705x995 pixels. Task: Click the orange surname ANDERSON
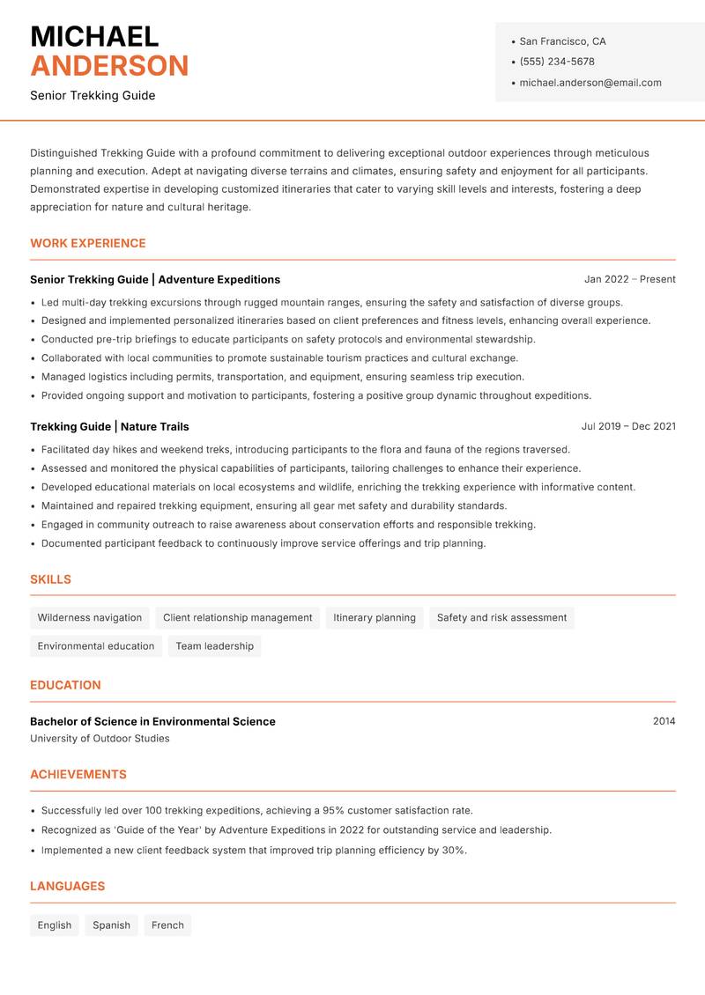(109, 66)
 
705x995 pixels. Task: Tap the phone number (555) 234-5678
(556, 62)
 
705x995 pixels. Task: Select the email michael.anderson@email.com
(590, 83)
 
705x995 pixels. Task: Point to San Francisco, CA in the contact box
(562, 41)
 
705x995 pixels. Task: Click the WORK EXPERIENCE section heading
(88, 243)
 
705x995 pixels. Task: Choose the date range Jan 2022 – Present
(629, 279)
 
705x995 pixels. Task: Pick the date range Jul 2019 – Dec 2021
(628, 426)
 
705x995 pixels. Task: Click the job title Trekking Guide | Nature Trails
(109, 426)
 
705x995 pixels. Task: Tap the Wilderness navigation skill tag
(90, 618)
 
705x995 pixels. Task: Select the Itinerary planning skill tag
(375, 618)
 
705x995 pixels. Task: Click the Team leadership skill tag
(214, 646)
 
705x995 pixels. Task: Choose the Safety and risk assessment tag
(501, 618)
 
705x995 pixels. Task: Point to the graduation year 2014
(664, 721)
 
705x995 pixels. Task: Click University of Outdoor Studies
(100, 739)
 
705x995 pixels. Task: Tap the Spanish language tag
(112, 925)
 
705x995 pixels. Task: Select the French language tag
(167, 925)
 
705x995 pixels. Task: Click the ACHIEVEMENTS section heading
(78, 775)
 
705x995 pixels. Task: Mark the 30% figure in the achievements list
(453, 851)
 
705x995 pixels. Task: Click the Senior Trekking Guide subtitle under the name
(93, 95)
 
